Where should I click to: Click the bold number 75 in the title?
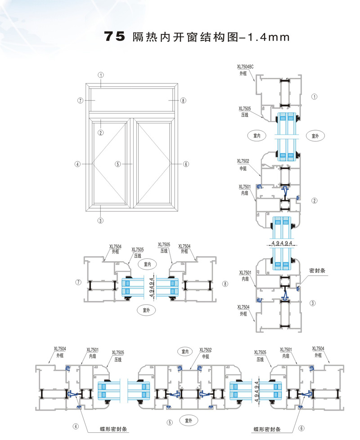click(x=114, y=37)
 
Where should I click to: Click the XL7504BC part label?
click(x=245, y=67)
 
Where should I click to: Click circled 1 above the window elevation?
click(x=102, y=75)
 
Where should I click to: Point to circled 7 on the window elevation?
click(x=80, y=100)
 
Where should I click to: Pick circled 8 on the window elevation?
click(x=183, y=100)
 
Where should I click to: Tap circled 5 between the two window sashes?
click(x=118, y=164)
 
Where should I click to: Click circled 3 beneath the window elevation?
click(x=101, y=220)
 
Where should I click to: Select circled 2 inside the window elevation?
click(x=101, y=132)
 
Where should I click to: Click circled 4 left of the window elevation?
click(x=78, y=164)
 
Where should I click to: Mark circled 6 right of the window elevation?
click(x=185, y=164)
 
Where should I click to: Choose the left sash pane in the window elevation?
click(x=110, y=164)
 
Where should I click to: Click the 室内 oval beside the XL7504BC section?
click(x=257, y=135)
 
